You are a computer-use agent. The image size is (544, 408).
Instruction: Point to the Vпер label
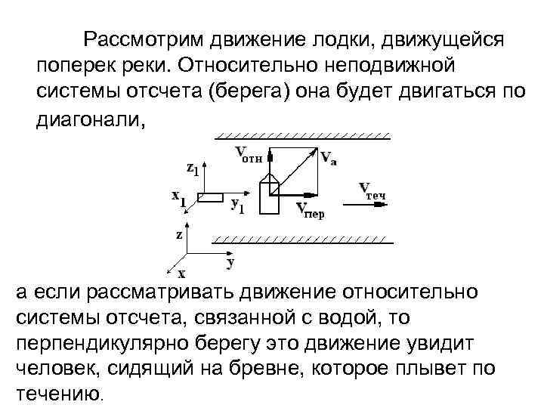pos(310,209)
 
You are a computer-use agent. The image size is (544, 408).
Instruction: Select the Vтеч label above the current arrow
pos(372,190)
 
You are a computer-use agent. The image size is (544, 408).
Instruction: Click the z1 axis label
pos(193,168)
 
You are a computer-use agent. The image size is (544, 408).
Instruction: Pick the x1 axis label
pos(178,198)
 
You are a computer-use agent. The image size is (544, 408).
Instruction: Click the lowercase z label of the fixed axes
pos(179,234)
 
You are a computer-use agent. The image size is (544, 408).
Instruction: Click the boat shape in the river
pos(269,196)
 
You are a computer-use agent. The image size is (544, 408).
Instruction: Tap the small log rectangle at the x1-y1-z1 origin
pos(210,197)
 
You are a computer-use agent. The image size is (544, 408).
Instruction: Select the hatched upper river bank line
pos(302,138)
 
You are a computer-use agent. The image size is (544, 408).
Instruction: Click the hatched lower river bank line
pos(302,240)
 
